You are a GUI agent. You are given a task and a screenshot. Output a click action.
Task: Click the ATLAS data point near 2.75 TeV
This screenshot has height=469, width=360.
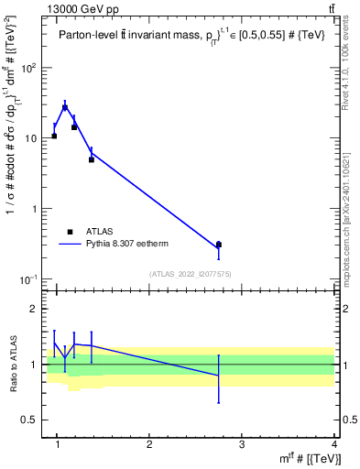[218, 245]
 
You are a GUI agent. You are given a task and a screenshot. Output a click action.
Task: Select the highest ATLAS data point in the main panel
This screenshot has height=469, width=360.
[64, 107]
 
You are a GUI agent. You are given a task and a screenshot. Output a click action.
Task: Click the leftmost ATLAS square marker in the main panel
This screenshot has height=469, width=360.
[54, 136]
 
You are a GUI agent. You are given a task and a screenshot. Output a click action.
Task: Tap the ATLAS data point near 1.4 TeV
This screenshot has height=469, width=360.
[92, 159]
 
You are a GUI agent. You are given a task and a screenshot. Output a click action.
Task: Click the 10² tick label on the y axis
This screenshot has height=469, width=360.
[30, 68]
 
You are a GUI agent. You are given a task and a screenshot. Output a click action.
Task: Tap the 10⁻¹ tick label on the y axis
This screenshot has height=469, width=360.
[29, 278]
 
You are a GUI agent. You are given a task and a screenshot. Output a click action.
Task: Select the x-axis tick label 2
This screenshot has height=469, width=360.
[149, 445]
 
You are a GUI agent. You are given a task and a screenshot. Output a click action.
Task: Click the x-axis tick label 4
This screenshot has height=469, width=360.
[333, 445]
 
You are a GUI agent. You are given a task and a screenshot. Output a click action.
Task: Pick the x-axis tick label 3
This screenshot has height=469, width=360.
[241, 445]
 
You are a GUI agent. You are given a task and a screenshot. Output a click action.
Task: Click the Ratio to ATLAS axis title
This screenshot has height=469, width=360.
[12, 364]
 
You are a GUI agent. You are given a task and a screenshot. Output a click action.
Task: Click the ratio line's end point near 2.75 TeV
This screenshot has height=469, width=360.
[218, 376]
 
